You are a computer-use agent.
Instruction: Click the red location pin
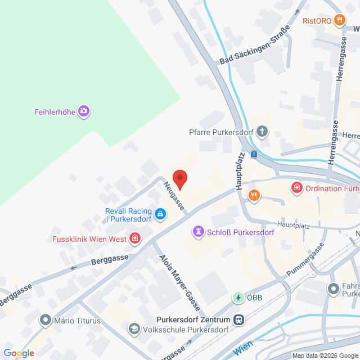tap(179, 179)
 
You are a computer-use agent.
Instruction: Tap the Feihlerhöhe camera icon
tap(84, 111)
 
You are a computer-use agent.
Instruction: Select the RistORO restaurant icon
tap(339, 21)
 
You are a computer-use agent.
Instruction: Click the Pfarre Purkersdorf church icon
tap(262, 132)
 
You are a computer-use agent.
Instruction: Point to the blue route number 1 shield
tap(254, 154)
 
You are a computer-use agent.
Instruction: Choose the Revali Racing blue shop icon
tap(160, 214)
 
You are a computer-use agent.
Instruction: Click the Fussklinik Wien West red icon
tap(134, 239)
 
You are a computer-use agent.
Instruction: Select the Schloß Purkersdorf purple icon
tap(198, 231)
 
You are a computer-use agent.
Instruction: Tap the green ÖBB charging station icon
tap(238, 298)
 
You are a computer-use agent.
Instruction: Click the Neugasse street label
tap(174, 195)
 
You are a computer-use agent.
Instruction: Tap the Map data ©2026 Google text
tap(325, 355)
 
